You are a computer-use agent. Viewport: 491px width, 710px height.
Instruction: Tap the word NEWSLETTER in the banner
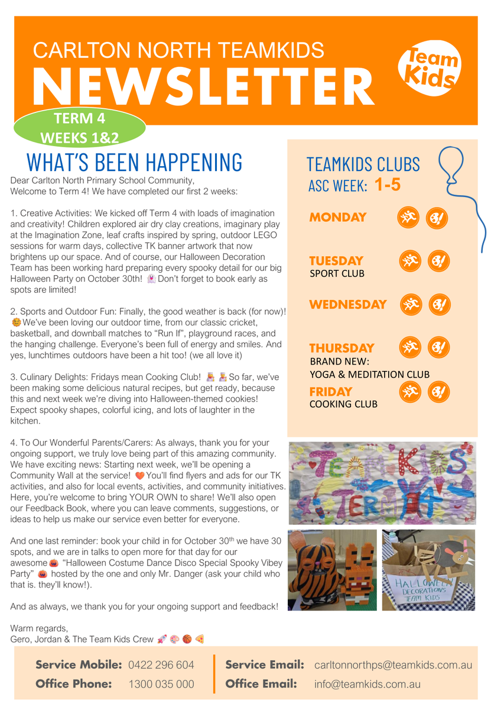pyautogui.click(x=203, y=86)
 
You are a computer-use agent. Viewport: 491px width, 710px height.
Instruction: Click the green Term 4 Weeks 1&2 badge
pyautogui.click(x=79, y=127)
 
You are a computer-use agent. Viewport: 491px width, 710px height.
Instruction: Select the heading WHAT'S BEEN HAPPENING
pyautogui.click(x=135, y=161)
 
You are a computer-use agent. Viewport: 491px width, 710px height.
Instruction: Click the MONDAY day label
pyautogui.click(x=337, y=217)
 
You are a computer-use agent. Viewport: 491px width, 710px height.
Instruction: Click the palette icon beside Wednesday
pyautogui.click(x=438, y=305)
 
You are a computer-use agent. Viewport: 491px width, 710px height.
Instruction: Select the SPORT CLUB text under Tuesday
pyautogui.click(x=337, y=274)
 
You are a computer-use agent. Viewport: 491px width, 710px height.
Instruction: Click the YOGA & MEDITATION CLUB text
pyautogui.click(x=369, y=375)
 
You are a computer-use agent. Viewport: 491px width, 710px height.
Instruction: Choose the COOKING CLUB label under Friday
pyautogui.click(x=343, y=404)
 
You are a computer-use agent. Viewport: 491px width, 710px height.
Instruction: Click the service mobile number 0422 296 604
pyautogui.click(x=161, y=665)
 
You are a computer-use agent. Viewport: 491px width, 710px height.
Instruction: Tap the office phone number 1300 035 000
pyautogui.click(x=161, y=685)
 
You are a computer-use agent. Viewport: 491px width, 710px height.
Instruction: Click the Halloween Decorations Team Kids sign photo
pyautogui.click(x=428, y=570)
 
